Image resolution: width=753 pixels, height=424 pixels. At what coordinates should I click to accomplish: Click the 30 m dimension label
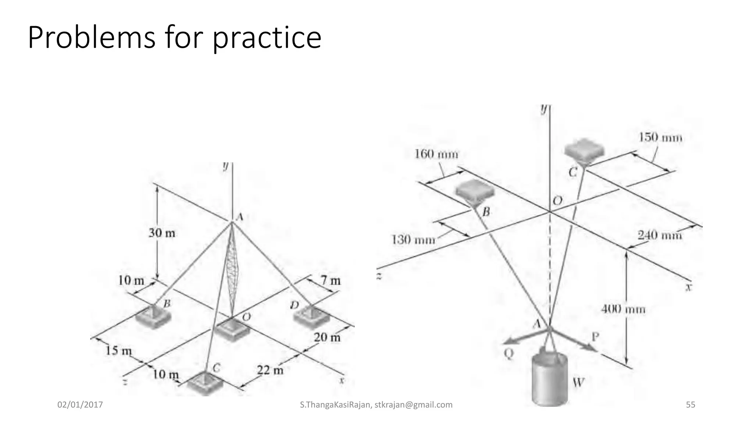pyautogui.click(x=162, y=233)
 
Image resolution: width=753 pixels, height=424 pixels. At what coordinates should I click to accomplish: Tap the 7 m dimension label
pyautogui.click(x=331, y=281)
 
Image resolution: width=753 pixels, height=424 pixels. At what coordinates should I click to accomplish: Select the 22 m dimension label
pyautogui.click(x=270, y=370)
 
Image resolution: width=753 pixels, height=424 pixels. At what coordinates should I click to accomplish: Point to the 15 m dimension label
pyautogui.click(x=118, y=350)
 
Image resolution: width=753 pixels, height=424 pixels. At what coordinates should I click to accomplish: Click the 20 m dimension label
pyautogui.click(x=327, y=337)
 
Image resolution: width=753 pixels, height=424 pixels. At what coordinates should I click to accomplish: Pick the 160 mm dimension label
pyautogui.click(x=436, y=154)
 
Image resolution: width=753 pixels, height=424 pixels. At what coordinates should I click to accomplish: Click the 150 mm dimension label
pyautogui.click(x=660, y=138)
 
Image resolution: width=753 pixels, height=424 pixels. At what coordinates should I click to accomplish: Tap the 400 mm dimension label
pyautogui.click(x=623, y=309)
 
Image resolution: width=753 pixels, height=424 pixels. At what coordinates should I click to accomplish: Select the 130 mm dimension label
pyautogui.click(x=413, y=240)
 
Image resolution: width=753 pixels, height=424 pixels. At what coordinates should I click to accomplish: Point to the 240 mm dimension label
pyautogui.click(x=660, y=235)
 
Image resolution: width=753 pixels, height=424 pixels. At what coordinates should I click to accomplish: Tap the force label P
pyautogui.click(x=595, y=336)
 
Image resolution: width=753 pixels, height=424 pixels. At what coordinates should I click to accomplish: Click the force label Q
pyautogui.click(x=508, y=354)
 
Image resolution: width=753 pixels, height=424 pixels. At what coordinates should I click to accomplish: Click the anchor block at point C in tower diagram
pyautogui.click(x=205, y=383)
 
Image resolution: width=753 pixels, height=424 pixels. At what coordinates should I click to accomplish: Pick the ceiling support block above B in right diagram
pyautogui.click(x=475, y=191)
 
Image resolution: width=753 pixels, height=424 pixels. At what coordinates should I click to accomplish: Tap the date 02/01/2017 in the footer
pyautogui.click(x=80, y=405)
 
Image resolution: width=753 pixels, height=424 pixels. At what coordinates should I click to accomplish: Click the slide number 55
pyautogui.click(x=690, y=405)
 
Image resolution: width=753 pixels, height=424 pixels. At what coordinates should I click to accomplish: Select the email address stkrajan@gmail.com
pyautogui.click(x=413, y=405)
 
